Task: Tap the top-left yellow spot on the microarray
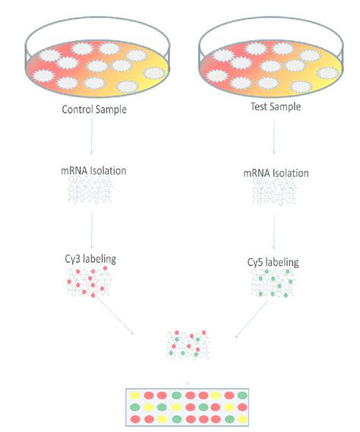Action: click(x=137, y=395)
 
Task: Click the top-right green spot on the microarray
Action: click(x=243, y=395)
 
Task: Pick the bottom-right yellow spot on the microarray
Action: click(x=243, y=419)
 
